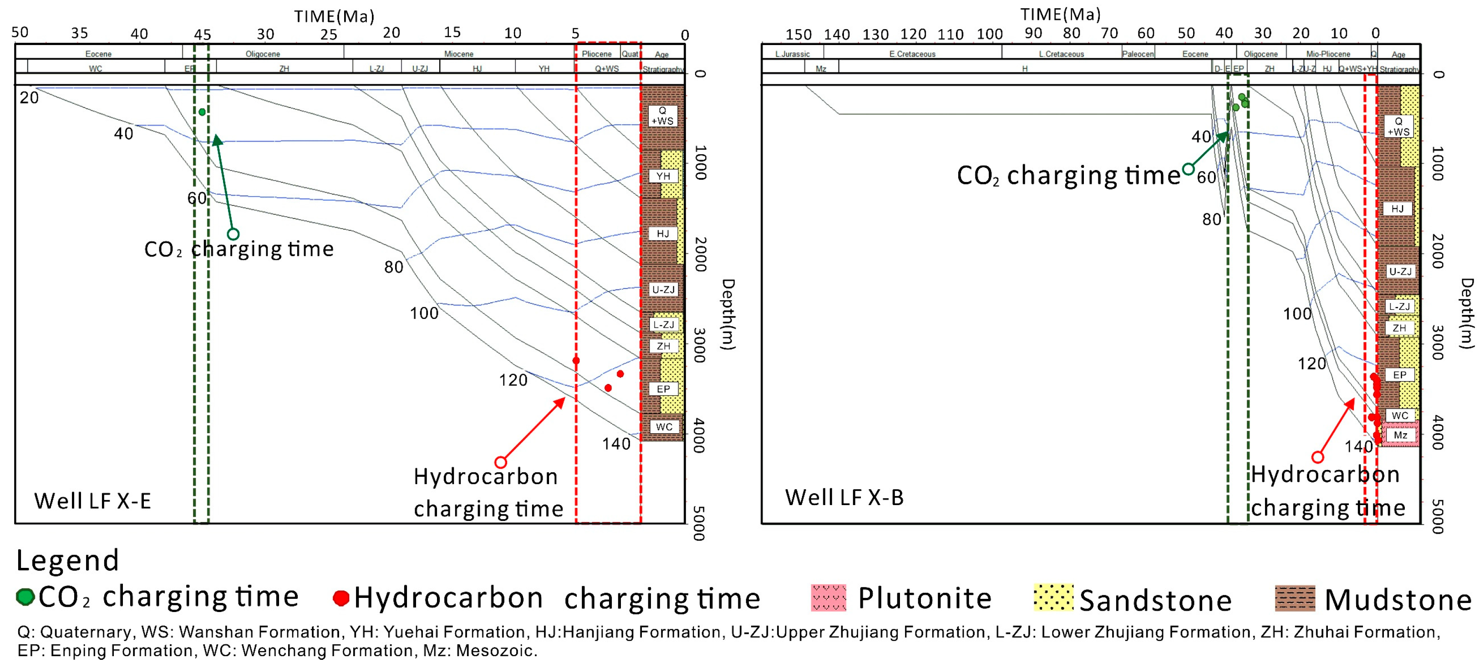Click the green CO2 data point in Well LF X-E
point(202,112)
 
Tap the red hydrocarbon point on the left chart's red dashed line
point(576,360)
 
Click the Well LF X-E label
point(92,501)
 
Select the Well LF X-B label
point(844,497)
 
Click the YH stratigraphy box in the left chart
point(663,176)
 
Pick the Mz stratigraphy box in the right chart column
point(1400,435)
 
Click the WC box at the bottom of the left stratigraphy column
point(664,426)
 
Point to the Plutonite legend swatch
point(828,597)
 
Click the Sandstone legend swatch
point(1053,597)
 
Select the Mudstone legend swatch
point(1295,598)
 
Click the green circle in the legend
point(25,597)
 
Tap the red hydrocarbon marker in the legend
point(341,598)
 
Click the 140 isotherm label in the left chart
point(615,444)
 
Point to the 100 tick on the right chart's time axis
point(989,35)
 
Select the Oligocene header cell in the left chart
point(263,53)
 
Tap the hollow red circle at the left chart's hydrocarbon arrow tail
point(501,462)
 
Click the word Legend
point(67,561)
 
